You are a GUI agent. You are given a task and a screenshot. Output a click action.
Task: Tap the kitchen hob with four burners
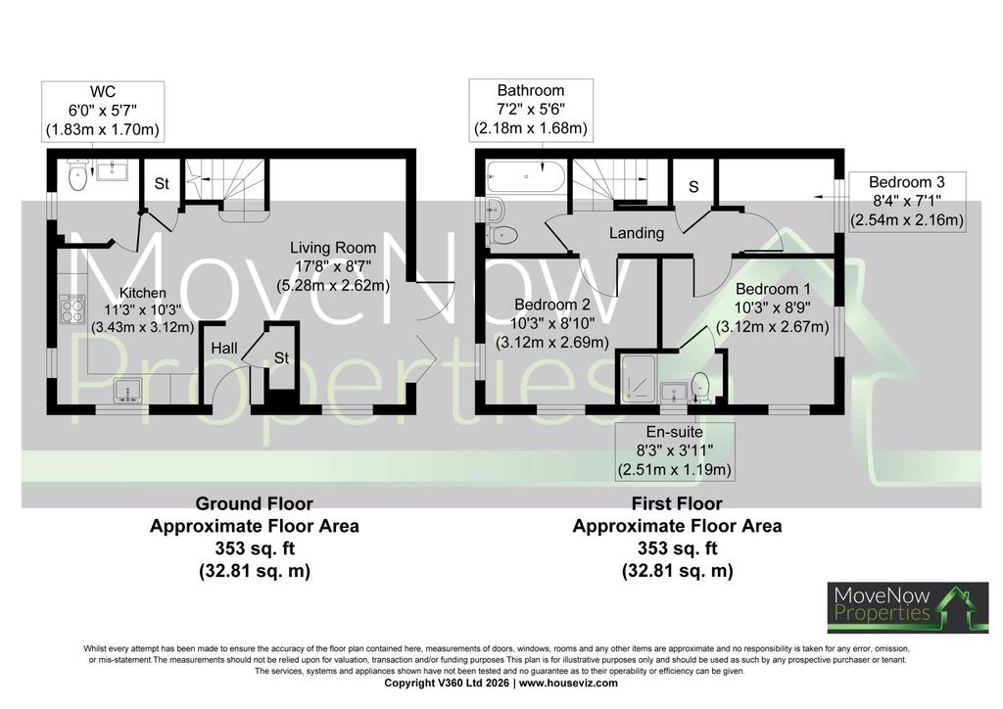pos(72,309)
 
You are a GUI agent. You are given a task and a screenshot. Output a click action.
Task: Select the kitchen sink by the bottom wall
pos(128,391)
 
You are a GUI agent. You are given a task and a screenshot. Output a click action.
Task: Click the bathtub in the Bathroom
pos(526,176)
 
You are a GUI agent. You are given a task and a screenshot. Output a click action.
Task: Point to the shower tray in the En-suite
pos(640,379)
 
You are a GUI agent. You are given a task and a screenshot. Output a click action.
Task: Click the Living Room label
pos(333,248)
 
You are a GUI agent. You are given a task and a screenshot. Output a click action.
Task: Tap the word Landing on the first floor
pos(636,233)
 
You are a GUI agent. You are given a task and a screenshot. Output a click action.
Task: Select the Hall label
pos(224,349)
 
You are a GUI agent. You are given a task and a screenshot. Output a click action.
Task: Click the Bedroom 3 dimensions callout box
pos(906,202)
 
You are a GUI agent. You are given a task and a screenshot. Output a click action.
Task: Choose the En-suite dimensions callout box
pos(674,451)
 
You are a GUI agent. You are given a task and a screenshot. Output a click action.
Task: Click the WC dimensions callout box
pos(102,112)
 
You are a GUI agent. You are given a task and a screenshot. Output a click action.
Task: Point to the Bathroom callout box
pos(531,110)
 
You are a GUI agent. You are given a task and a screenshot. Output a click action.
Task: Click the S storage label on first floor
pos(693,187)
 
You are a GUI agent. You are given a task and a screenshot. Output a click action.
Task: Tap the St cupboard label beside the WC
pos(162,183)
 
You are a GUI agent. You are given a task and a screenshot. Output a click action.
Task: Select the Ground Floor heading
pos(254,503)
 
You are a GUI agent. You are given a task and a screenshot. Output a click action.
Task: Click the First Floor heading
pos(677,503)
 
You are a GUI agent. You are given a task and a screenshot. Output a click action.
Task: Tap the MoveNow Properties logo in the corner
pos(908,607)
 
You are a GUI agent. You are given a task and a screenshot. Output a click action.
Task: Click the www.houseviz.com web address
pos(568,683)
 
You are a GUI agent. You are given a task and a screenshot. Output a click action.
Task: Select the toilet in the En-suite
pos(700,388)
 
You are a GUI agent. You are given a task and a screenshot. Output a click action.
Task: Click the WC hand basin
pos(112,170)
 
